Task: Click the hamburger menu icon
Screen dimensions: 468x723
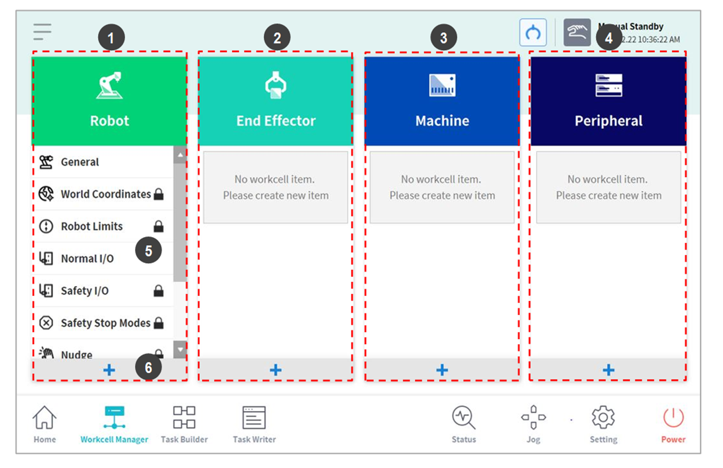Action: [42, 32]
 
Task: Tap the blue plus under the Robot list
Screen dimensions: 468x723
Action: [109, 370]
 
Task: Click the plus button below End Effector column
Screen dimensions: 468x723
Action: [276, 370]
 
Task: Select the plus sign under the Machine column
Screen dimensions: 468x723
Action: [442, 370]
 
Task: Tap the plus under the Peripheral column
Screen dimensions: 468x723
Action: [608, 370]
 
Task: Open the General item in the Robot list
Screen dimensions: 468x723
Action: [80, 162]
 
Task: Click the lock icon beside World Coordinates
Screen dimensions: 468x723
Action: [159, 195]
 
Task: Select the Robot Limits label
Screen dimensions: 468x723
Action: [92, 226]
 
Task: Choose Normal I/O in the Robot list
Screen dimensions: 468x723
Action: [87, 259]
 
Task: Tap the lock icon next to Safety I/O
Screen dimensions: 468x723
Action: [159, 291]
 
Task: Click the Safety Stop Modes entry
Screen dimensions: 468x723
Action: [105, 323]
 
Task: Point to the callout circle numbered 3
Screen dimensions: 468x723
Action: [443, 38]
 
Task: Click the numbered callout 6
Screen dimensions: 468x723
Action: [148, 368]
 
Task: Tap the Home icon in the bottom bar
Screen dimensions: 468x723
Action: [45, 419]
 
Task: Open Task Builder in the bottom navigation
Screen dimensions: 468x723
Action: [184, 419]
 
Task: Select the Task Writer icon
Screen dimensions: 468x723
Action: [254, 419]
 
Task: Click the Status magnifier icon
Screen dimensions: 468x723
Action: [463, 418]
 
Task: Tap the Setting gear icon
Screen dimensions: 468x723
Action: [603, 418]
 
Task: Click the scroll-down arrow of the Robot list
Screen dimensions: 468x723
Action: [180, 349]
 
